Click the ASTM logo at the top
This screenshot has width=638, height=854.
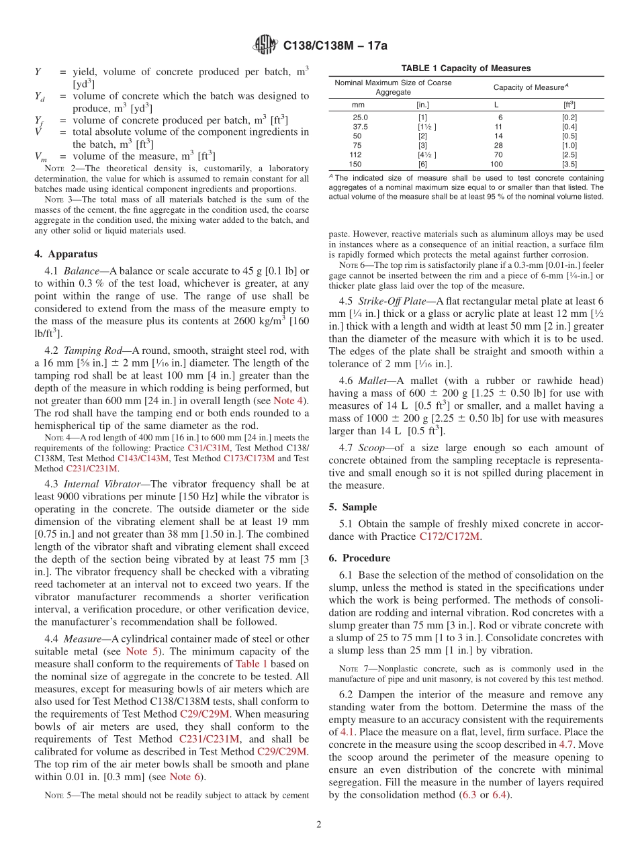tap(265, 46)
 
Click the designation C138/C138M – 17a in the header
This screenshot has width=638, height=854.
tap(335, 46)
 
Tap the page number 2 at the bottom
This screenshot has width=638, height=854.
tap(318, 824)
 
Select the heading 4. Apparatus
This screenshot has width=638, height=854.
tap(66, 254)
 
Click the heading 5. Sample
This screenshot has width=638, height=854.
tap(353, 507)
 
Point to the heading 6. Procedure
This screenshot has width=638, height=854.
tap(359, 558)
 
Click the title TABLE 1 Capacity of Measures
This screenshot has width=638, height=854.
tap(465, 68)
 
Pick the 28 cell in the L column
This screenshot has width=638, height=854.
tap(498, 145)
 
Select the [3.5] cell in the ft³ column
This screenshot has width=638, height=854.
tap(569, 164)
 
